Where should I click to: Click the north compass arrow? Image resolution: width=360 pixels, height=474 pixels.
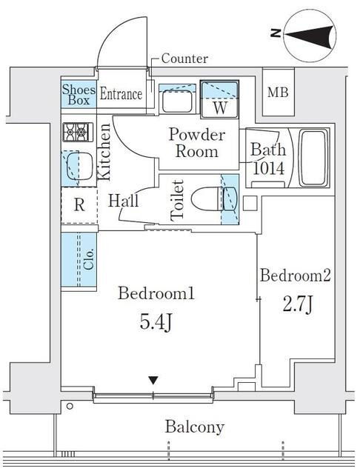point(311,36)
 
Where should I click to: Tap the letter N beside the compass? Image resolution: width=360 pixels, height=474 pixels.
point(276,33)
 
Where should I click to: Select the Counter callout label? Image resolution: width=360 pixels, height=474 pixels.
point(184,59)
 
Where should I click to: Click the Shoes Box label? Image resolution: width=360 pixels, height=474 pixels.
point(79,94)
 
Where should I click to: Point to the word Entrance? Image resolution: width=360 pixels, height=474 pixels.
point(121,94)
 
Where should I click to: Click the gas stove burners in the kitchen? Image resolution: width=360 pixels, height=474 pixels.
point(78,132)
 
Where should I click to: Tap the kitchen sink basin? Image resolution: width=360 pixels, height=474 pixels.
point(79,167)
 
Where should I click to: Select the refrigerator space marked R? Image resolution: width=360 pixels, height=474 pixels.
point(79,205)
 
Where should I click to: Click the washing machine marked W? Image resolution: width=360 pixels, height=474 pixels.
point(220,99)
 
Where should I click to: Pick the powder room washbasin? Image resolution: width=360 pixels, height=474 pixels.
point(177,101)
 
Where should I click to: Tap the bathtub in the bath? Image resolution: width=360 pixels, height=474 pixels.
point(313,158)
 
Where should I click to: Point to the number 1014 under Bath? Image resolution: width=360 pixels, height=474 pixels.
point(268,169)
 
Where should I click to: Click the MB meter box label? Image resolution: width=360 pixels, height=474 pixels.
point(278,92)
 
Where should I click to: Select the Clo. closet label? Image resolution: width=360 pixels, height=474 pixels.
point(89,259)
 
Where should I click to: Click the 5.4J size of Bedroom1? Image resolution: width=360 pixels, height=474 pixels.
point(156,324)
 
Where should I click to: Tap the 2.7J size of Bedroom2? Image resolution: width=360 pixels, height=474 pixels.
point(297,306)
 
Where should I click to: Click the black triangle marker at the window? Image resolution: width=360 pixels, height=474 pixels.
point(153,380)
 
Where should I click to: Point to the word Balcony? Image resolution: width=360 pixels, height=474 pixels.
point(195,427)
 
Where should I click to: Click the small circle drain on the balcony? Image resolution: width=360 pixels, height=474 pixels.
point(70,407)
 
